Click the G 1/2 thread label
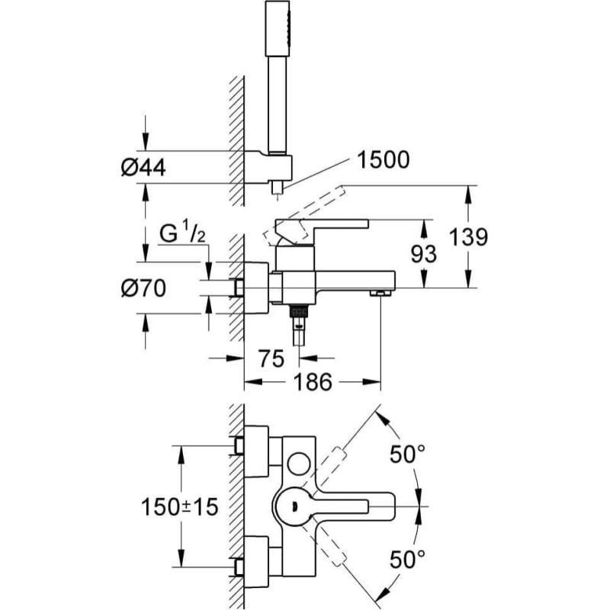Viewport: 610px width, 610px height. (181, 234)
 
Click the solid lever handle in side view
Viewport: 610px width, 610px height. (320, 226)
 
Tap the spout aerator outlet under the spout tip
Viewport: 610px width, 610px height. (379, 291)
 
